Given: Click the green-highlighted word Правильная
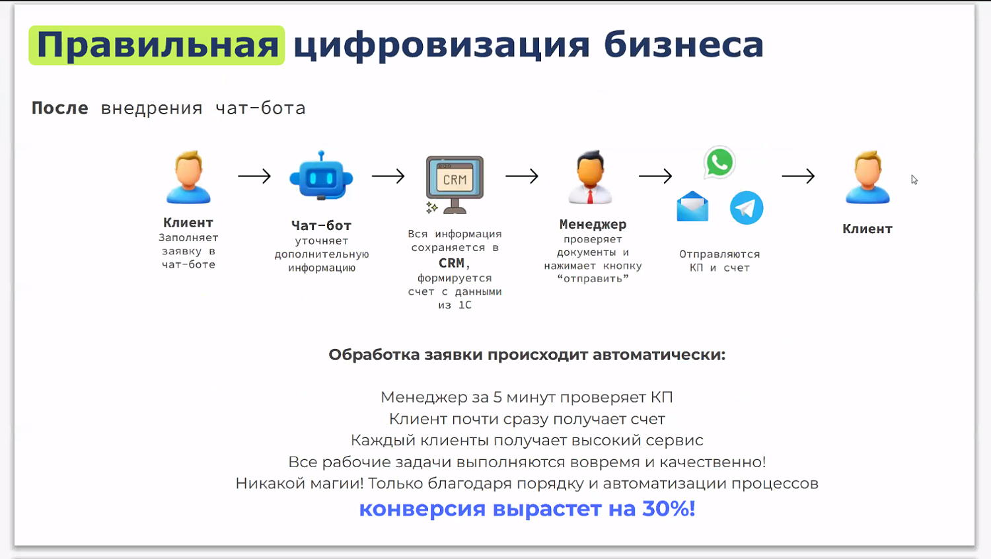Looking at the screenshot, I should point(157,45).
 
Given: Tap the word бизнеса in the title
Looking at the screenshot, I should point(683,45).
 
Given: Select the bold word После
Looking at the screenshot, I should point(59,108).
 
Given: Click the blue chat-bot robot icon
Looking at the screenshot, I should point(321,176).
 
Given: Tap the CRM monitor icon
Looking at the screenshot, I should point(455,183).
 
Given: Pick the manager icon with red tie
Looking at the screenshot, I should point(590,177).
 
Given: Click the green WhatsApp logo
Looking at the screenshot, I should point(719,163).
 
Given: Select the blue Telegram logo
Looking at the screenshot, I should point(747,207).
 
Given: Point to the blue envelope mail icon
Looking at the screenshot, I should point(692,206).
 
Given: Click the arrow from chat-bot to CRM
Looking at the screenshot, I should point(388,176).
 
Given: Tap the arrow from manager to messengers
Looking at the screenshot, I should point(655,176).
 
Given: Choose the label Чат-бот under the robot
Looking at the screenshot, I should point(321,225).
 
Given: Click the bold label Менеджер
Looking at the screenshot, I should point(593,224).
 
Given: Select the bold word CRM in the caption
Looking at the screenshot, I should point(452,263).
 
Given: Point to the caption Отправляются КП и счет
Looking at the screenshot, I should point(719,261).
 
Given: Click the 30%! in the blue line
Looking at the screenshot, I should point(669,509).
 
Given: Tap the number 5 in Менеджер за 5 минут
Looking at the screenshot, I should point(497,397).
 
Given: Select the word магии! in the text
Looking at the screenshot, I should point(340,484).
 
